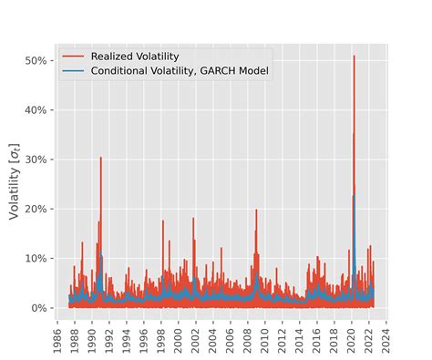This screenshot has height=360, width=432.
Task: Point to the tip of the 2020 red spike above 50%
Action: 354,56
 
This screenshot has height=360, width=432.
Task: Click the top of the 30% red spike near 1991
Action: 100,158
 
